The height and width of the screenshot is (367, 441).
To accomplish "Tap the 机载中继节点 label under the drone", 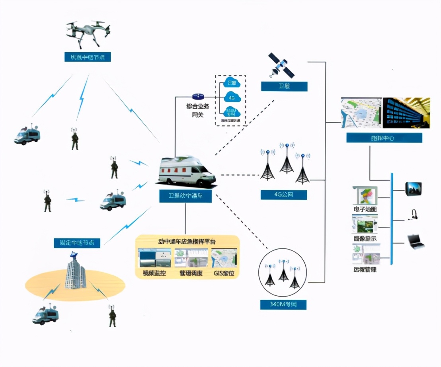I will click(88, 57).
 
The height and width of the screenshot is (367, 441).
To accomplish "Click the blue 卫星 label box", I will click(284, 86).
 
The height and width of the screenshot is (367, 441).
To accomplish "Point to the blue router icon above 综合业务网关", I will click(198, 97).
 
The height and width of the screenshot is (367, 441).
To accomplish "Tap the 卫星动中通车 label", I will click(185, 196).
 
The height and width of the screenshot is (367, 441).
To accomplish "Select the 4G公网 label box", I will click(284, 195).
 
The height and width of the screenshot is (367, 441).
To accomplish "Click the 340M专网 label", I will click(284, 305).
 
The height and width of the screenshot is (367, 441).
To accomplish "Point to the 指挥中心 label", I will click(384, 138).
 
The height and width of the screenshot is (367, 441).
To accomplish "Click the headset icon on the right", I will click(413, 215).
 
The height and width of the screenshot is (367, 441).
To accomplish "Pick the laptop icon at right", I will click(415, 241).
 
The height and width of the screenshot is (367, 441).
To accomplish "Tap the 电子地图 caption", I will click(365, 209).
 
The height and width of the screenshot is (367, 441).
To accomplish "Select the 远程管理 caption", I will click(365, 269).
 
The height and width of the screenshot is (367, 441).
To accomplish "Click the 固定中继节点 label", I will click(77, 242).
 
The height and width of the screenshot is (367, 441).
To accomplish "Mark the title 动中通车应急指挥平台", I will click(187, 241).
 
